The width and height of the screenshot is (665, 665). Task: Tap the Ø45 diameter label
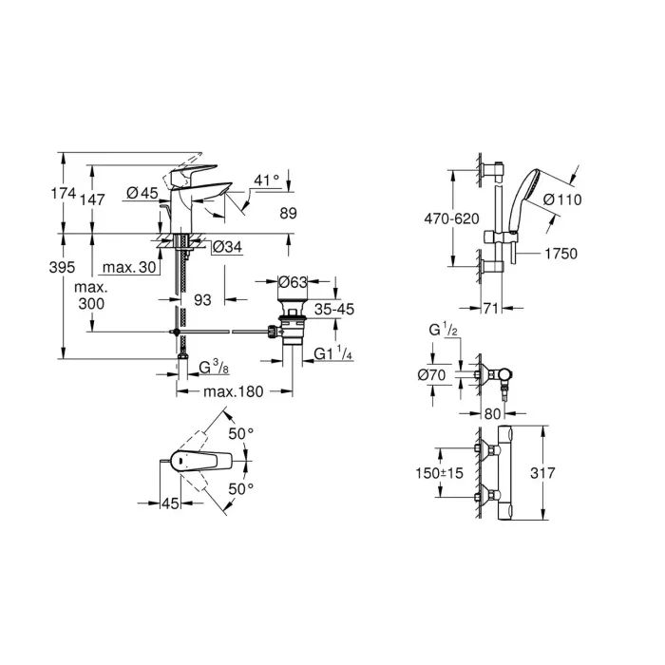click(x=142, y=193)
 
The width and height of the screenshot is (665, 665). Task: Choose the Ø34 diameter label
click(x=224, y=247)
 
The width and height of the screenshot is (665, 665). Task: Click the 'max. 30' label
click(x=131, y=269)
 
